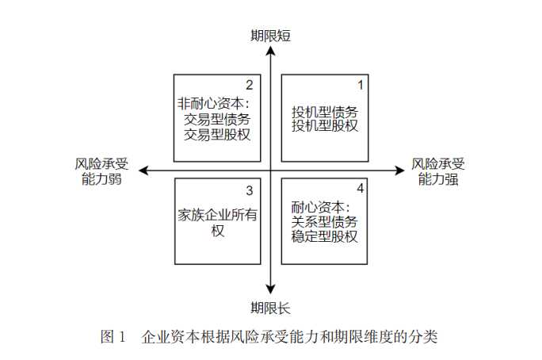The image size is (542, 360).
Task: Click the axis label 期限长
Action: [x=271, y=308]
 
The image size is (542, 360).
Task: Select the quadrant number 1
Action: [x=361, y=84]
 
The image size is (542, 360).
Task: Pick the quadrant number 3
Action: [x=250, y=190]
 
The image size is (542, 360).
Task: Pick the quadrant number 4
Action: [x=361, y=189]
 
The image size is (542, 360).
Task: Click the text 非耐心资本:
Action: [x=212, y=103]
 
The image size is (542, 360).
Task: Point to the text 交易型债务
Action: [x=217, y=119]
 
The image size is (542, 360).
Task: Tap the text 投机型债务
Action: [x=325, y=112]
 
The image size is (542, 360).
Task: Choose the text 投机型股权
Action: [x=325, y=127]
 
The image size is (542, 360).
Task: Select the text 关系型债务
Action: [x=325, y=221]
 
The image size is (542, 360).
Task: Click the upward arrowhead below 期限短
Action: [x=271, y=51]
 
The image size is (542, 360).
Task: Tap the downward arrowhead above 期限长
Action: [x=271, y=290]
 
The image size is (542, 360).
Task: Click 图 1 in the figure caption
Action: [x=113, y=336]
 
